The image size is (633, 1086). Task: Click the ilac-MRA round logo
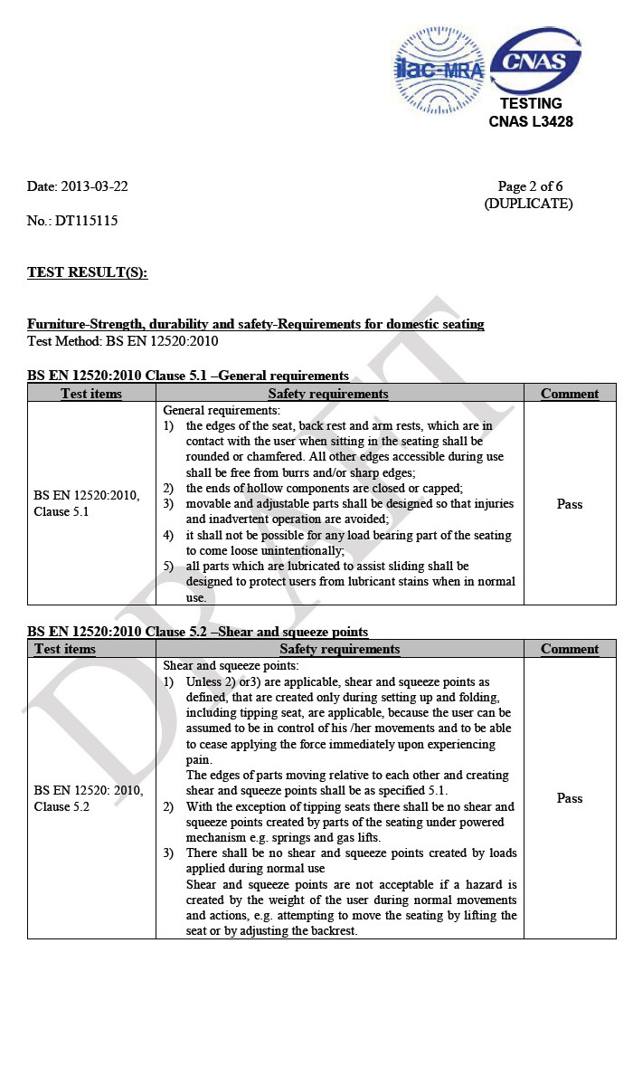439,69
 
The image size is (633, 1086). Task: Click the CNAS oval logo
534,62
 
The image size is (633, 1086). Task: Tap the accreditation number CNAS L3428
531,121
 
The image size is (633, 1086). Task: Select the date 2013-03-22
94,187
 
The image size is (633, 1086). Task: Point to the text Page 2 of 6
530,187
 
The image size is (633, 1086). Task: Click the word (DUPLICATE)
529,205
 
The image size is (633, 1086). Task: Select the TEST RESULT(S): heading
87,272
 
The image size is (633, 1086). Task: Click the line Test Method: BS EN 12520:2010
122,341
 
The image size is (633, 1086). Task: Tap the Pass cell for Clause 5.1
570,504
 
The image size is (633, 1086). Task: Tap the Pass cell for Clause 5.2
570,798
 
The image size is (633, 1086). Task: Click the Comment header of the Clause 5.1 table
570,394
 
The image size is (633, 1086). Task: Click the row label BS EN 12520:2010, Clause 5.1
87,504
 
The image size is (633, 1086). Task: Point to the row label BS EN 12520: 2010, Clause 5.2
88,798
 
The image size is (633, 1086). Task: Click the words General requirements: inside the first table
222,410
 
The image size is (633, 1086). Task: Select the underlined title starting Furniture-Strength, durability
255,324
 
